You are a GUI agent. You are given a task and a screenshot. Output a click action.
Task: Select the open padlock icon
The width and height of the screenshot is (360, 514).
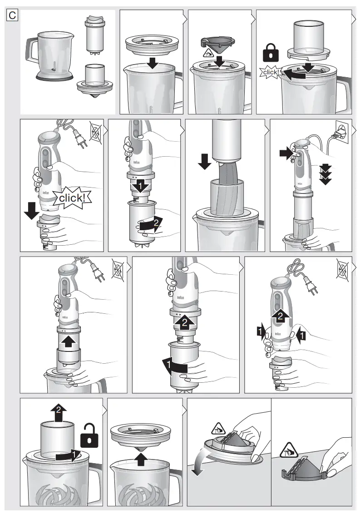click(89, 435)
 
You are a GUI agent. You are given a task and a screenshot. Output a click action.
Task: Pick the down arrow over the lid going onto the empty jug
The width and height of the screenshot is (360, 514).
click(153, 64)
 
